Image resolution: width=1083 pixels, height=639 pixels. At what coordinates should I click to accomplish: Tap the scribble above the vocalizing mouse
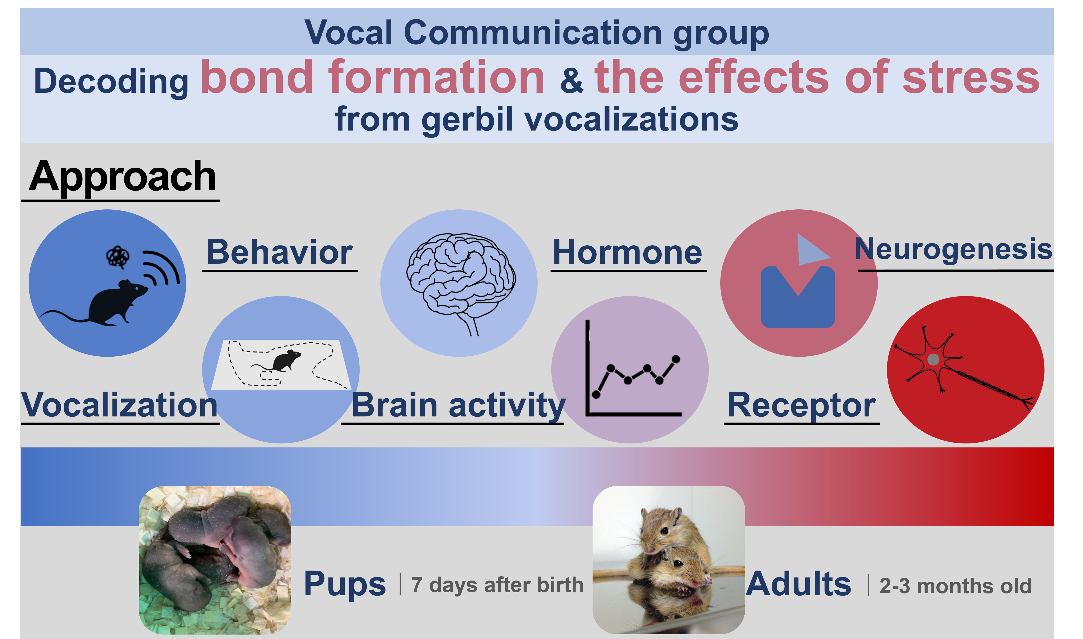tap(118, 257)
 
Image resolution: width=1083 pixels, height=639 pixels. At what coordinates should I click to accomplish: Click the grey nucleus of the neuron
tap(933, 359)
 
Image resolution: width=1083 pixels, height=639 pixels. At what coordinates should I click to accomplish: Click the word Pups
tap(344, 584)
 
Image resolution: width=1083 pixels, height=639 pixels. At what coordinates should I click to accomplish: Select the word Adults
tap(799, 584)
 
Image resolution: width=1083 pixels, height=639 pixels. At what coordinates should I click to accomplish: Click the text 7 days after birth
tap(497, 585)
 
